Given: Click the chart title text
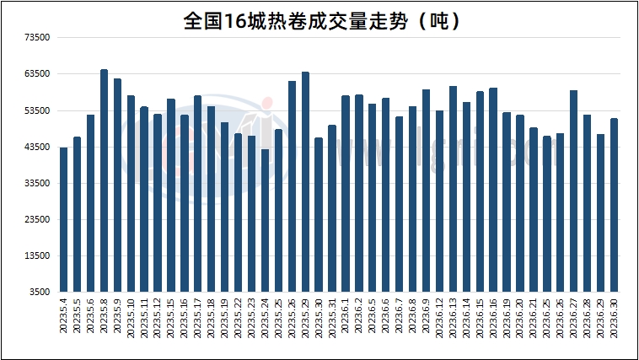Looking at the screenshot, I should click(x=321, y=20).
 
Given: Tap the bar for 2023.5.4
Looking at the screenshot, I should click(x=63, y=219).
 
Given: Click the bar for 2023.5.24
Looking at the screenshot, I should click(x=265, y=220).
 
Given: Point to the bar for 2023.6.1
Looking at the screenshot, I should click(x=346, y=194).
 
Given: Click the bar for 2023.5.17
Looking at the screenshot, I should click(x=197, y=194).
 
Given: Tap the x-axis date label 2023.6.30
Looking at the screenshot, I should click(x=615, y=320).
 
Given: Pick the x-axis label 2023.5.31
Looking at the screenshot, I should click(x=332, y=320).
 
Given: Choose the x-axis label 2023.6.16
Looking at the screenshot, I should click(x=493, y=320).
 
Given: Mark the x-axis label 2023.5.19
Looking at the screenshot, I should click(x=225, y=320).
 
